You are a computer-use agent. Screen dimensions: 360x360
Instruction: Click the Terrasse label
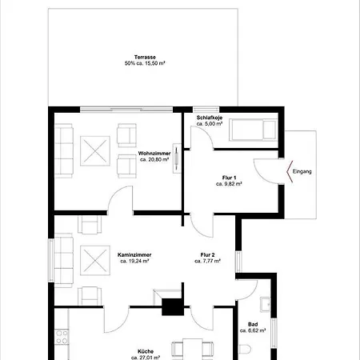pyautogui.click(x=145, y=57)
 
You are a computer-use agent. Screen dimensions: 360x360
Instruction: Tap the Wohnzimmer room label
pyautogui.click(x=154, y=154)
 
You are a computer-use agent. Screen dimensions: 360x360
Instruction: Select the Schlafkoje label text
pyautogui.click(x=210, y=118)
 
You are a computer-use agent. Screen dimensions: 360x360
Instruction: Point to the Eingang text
pyautogui.click(x=302, y=171)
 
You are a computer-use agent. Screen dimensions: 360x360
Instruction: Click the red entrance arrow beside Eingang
pyautogui.click(x=290, y=171)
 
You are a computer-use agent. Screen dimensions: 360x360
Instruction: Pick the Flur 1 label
pyautogui.click(x=229, y=178)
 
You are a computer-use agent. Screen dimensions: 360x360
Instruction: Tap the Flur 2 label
pyautogui.click(x=208, y=255)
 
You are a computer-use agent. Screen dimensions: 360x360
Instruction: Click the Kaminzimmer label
pyautogui.click(x=134, y=255)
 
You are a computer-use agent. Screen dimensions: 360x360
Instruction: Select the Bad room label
pyautogui.click(x=253, y=325)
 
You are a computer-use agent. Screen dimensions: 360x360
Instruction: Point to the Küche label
pyautogui.click(x=146, y=351)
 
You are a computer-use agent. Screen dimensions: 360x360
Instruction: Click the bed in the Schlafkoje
pyautogui.click(x=253, y=130)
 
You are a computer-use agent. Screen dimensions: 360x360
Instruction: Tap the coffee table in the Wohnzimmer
pyautogui.click(x=95, y=151)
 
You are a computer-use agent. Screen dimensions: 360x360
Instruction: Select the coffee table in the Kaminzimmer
pyautogui.click(x=95, y=260)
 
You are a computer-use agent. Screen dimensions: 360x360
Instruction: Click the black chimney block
pyautogui.click(x=173, y=307)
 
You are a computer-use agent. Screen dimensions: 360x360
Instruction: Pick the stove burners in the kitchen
pyautogui.click(x=62, y=337)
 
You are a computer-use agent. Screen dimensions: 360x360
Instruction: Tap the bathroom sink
pyautogui.click(x=265, y=305)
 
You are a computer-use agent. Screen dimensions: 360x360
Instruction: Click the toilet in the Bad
pyautogui.click(x=245, y=350)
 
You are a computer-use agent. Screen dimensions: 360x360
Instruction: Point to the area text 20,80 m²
pyautogui.click(x=154, y=159)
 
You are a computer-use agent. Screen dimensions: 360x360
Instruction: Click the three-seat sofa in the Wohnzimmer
pyautogui.click(x=63, y=151)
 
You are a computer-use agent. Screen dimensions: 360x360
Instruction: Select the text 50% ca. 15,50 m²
pyautogui.click(x=145, y=63)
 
